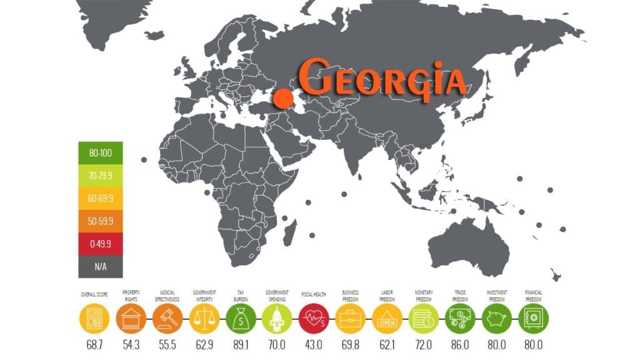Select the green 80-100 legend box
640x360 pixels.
coord(97,152)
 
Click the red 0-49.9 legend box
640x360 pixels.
coord(97,243)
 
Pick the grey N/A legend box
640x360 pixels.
coord(97,266)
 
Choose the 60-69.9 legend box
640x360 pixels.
coord(97,197)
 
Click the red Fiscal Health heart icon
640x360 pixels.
coord(313,321)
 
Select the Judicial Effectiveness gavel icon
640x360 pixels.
coord(167,321)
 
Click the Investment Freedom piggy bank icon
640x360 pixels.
coord(497,321)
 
